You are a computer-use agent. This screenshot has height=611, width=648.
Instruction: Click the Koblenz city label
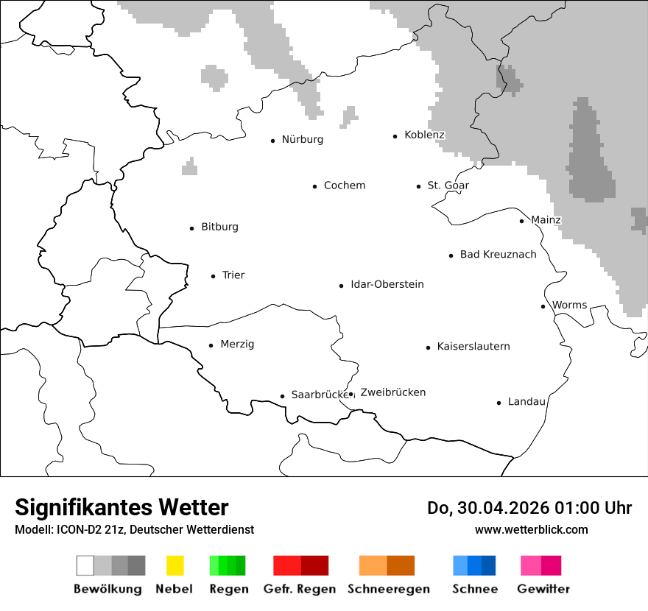pos(424,135)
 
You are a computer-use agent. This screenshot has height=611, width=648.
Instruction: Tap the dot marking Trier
pos(213,276)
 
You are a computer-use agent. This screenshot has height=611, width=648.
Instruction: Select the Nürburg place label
pos(302,140)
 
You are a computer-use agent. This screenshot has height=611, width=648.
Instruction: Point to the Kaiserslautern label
pos(473,347)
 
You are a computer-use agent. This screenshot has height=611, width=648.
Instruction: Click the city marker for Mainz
pos(521,221)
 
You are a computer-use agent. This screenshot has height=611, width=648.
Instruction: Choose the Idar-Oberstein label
pos(387,285)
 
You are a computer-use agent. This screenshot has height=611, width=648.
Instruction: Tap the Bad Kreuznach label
pos(498,255)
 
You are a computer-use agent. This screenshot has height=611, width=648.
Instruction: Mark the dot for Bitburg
pos(192,228)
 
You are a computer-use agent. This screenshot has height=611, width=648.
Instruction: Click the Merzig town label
pos(237,345)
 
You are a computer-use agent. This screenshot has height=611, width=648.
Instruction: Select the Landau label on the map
pos(526,402)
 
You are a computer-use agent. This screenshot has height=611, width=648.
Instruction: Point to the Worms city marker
pos(543,306)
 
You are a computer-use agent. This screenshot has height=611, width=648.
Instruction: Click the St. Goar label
pos(448,186)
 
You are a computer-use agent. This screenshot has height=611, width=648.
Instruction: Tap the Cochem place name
pos(344,186)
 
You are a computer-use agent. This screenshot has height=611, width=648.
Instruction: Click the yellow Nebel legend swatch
pos(175,565)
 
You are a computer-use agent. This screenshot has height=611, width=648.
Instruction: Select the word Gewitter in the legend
pos(543,589)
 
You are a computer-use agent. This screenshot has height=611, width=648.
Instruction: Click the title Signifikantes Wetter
pos(121,508)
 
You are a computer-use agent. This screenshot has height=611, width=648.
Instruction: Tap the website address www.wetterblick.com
pos(531,529)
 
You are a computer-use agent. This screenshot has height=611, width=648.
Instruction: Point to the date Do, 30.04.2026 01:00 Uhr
pos(529,508)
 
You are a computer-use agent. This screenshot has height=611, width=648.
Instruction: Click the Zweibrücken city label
pos(392,392)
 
